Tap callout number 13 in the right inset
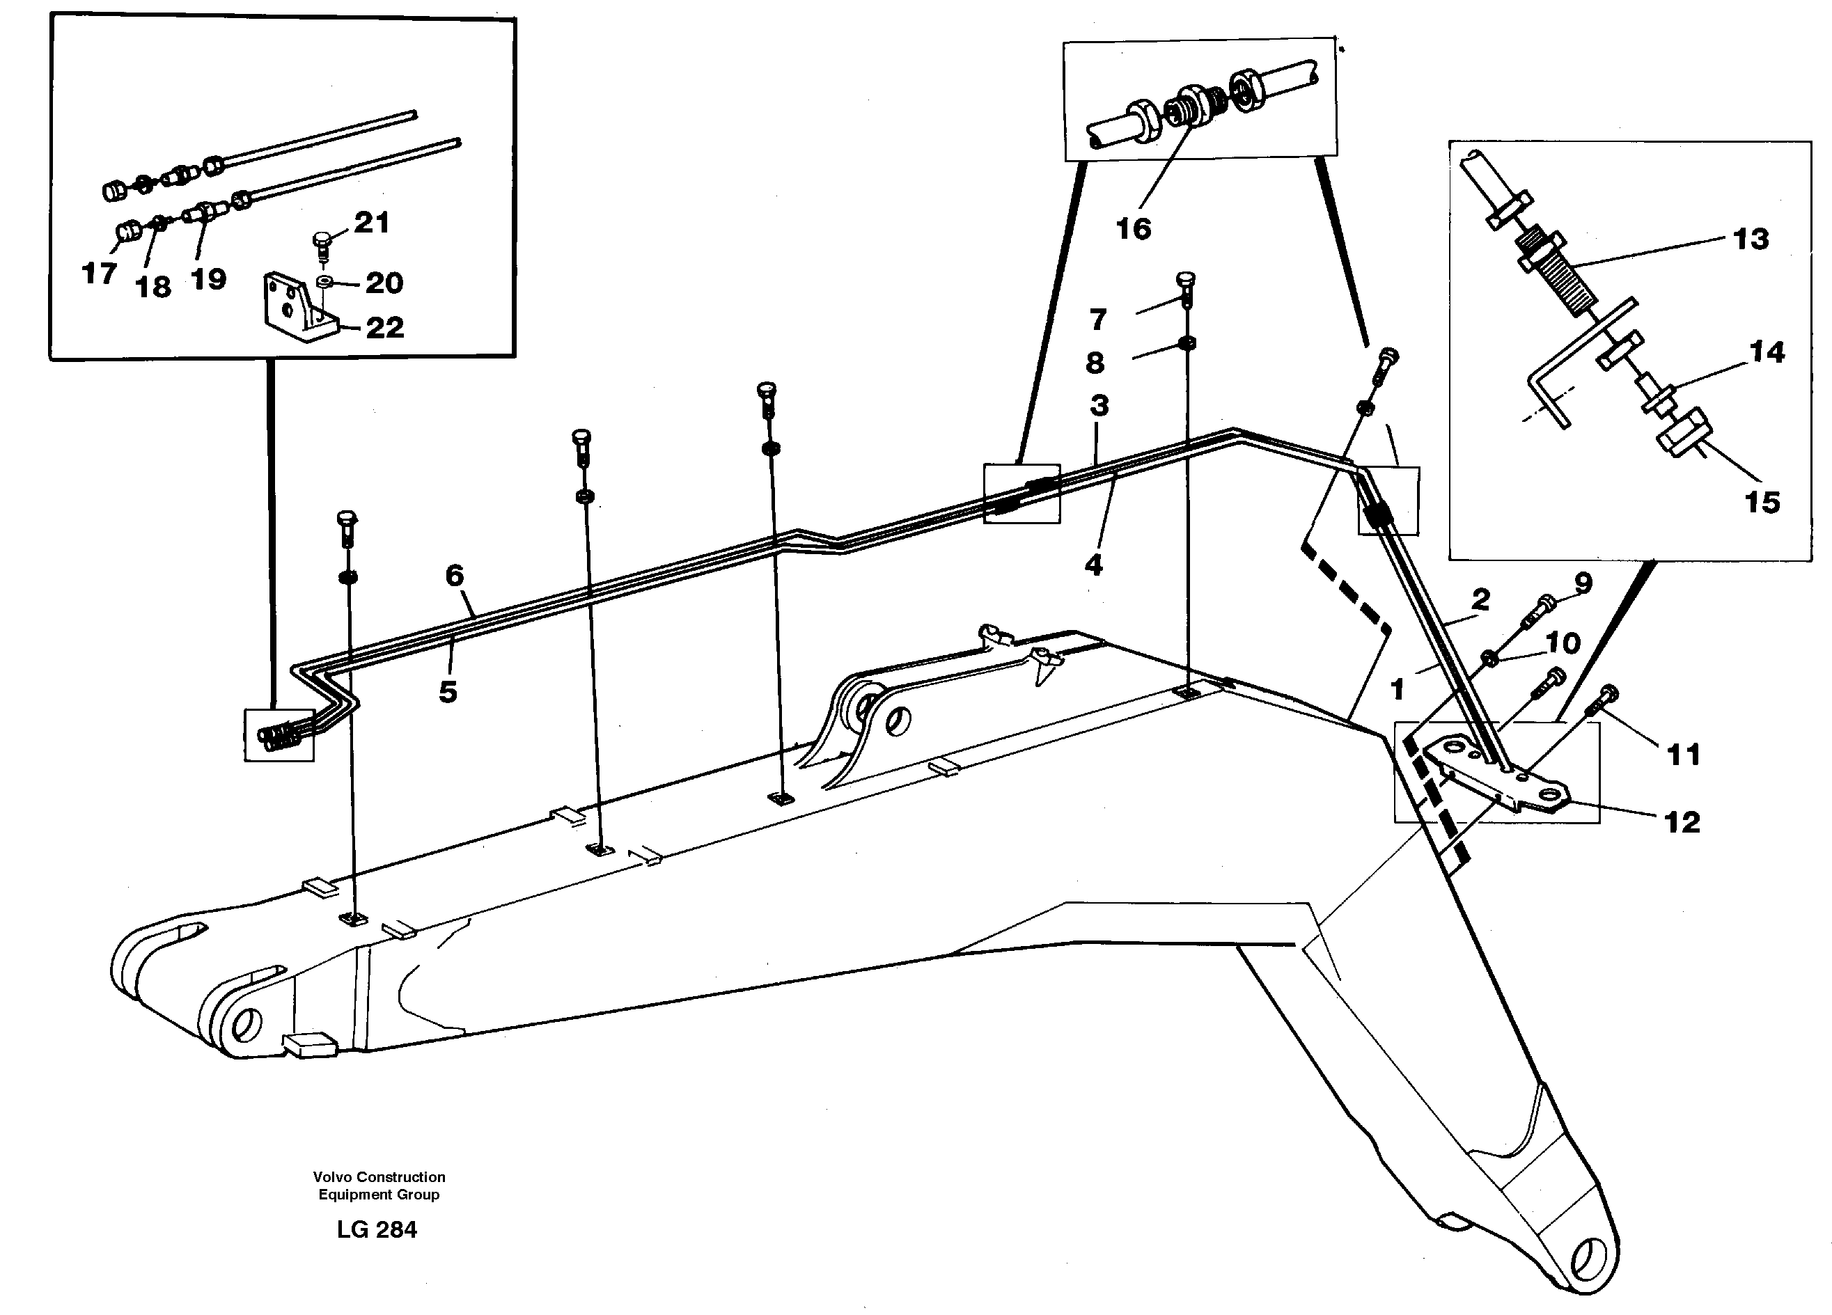click(1751, 240)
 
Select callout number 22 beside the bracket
click(384, 328)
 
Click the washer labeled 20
click(324, 281)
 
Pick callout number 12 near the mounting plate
click(1682, 822)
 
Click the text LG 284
click(377, 1229)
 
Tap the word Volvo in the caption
click(333, 1177)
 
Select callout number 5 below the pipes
click(448, 691)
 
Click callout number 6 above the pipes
click(455, 576)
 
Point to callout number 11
click(1684, 755)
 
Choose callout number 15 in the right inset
click(1762, 503)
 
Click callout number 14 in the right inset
click(1767, 352)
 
